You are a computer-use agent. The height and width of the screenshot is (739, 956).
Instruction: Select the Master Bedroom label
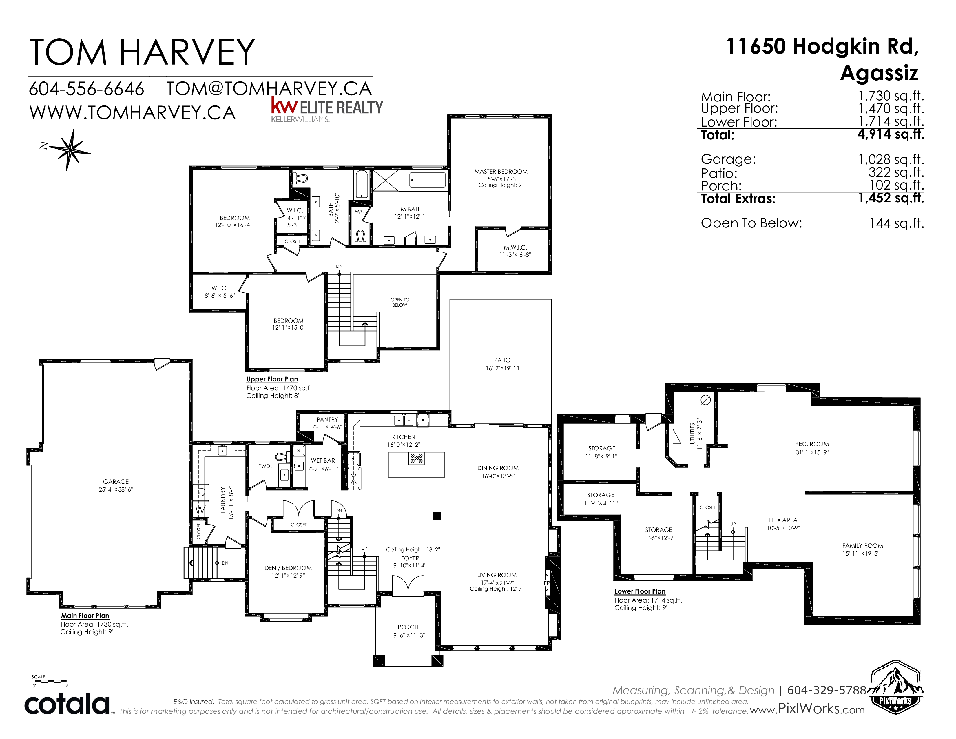point(501,172)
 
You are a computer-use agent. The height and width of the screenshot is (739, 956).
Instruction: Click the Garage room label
point(116,482)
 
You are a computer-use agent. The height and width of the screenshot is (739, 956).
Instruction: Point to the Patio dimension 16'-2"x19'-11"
point(503,368)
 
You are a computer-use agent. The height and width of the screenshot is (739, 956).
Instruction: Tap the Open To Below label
point(400,303)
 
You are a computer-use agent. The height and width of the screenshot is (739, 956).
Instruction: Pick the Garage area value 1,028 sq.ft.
point(891,159)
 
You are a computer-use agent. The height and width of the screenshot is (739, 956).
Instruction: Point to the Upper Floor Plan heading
point(272,379)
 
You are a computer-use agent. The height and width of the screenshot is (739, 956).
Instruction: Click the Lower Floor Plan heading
point(640,591)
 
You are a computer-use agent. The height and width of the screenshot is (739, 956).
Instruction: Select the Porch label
point(408,627)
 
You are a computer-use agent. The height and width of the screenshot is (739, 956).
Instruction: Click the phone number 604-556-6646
point(86,89)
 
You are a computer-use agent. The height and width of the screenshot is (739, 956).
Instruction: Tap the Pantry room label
point(327,419)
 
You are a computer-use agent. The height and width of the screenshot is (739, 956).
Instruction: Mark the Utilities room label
point(692,434)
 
